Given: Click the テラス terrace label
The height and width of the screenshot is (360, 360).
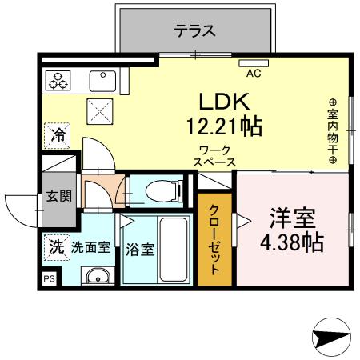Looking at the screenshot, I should click(x=195, y=32).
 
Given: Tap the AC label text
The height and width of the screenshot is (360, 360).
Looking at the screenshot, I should click(x=254, y=74).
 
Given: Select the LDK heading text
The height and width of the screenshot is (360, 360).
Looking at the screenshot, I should click(x=225, y=102).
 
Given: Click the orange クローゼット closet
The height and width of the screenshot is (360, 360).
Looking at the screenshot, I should click(x=215, y=239).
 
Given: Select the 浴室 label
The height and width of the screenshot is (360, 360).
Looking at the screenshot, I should click(x=139, y=248).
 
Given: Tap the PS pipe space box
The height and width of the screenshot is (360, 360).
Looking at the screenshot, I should click(x=49, y=278).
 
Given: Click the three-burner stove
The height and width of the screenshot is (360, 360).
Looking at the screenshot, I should click(x=59, y=81).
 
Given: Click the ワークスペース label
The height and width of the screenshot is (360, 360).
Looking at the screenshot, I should click(x=214, y=155).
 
